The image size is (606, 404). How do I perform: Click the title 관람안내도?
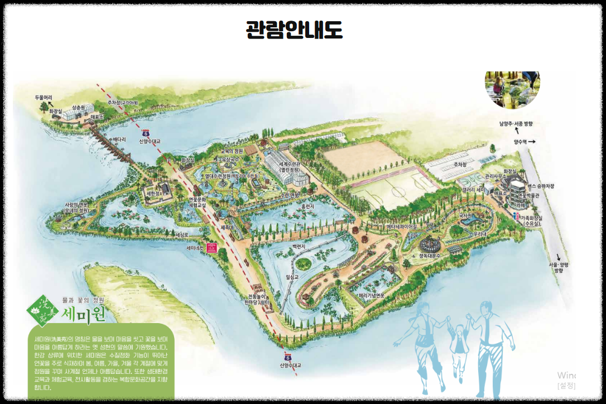pyautogui.click(x=294, y=29)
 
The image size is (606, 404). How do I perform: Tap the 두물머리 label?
pyautogui.click(x=43, y=97)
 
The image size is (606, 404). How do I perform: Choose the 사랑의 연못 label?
pyautogui.click(x=76, y=208)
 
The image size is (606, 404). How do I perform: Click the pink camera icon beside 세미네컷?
pyautogui.click(x=212, y=248)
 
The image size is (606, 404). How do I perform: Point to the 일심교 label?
pyautogui.click(x=292, y=276)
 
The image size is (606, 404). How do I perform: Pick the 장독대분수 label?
pyautogui.click(x=430, y=255)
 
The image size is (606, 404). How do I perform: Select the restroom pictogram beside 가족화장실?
pyautogui.click(x=516, y=215)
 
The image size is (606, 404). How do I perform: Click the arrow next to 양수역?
pyautogui.click(x=531, y=142)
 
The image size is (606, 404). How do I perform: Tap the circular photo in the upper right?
pyautogui.click(x=512, y=89)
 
